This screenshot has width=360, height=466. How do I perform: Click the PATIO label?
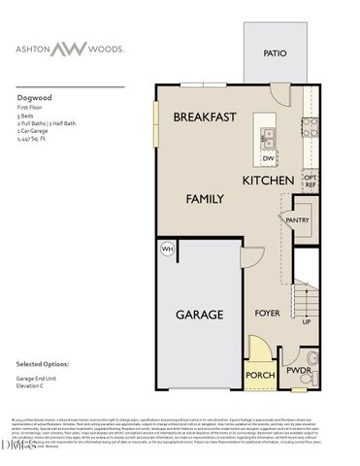coord(275,54)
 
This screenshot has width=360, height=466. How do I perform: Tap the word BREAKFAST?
coord(205,116)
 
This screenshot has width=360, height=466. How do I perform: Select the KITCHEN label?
coord(268,182)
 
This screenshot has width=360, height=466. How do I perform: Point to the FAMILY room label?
coord(205,198)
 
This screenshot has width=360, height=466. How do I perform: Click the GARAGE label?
coord(199,315)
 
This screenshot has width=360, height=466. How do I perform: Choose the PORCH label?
coord(259,375)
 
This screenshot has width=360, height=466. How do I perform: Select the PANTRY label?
coord(297,220)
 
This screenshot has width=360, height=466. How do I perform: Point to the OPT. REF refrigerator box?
coord(311,181)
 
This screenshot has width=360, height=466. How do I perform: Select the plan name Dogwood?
coord(33,97)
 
